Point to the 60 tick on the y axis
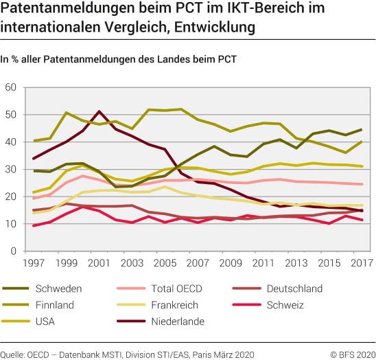[10, 88]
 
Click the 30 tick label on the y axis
[10, 170]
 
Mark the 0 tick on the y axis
[13, 251]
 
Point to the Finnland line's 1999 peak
[67, 113]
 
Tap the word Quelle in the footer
[14, 353]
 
